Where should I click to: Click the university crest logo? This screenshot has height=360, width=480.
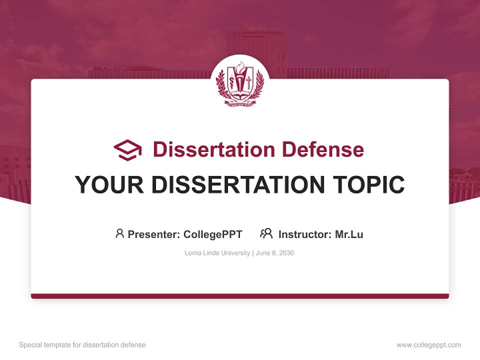click(x=239, y=82)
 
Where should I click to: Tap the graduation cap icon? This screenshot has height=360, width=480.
click(x=127, y=149)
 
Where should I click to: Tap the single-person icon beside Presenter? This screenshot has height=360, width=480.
click(x=119, y=233)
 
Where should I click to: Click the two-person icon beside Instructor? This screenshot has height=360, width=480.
click(x=266, y=233)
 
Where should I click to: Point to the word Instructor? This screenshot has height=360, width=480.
click(x=304, y=234)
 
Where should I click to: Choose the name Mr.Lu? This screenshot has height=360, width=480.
click(x=349, y=234)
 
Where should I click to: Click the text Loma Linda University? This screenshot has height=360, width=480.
click(x=217, y=253)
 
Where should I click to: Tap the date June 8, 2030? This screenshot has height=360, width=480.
click(x=274, y=253)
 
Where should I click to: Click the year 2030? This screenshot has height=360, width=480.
click(x=286, y=253)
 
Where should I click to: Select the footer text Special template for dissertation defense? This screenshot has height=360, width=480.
click(x=82, y=345)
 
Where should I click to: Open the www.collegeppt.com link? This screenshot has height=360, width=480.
click(x=428, y=345)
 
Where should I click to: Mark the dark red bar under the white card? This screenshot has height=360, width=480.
click(x=240, y=296)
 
